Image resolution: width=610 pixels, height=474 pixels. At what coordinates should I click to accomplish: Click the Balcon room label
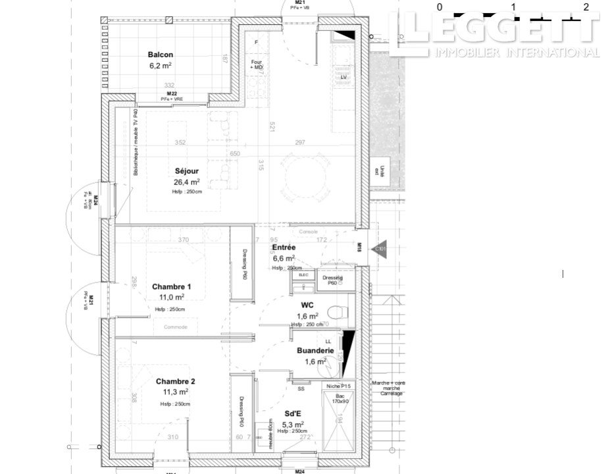(x=161, y=55)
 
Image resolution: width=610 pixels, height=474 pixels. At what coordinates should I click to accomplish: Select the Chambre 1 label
(x=171, y=286)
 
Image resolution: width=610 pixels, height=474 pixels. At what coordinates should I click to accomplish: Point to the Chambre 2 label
(x=175, y=381)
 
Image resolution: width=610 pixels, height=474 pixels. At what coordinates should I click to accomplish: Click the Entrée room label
(x=284, y=248)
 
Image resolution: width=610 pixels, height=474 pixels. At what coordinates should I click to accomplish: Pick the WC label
(x=306, y=305)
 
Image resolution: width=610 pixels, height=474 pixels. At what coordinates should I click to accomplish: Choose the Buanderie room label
(x=315, y=351)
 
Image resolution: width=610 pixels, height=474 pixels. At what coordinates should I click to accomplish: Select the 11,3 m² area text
(x=176, y=392)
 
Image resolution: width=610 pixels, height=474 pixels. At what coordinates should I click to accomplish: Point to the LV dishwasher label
(x=343, y=77)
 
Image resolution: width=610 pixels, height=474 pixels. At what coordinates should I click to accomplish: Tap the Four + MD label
(x=256, y=65)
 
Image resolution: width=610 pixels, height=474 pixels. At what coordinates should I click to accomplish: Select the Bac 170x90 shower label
(x=339, y=398)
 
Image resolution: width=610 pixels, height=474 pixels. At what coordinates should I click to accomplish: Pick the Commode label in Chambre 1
(x=175, y=327)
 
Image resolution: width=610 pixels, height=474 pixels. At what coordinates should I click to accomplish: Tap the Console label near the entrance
(x=309, y=232)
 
